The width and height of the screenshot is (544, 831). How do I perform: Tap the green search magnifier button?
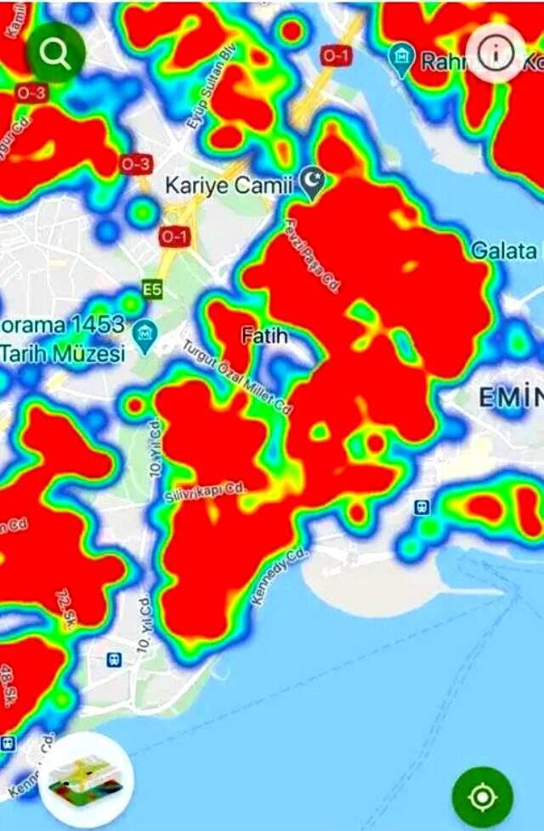pos(55,54)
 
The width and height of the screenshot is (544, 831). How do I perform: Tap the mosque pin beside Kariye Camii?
pos(314,184)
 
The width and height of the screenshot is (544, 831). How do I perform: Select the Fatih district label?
pos(264,336)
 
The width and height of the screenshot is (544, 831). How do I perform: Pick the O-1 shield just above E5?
pos(173,237)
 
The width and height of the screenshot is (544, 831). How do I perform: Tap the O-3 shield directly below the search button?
pos(31,93)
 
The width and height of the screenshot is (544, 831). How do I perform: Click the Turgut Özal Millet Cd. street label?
pos(238,376)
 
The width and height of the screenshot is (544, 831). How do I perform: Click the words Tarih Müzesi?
pos(63,352)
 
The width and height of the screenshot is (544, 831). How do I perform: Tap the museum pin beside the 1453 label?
pos(145,331)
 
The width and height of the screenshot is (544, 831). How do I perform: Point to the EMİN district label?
pos(508,396)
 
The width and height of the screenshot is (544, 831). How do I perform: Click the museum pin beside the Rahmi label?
pos(399,58)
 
